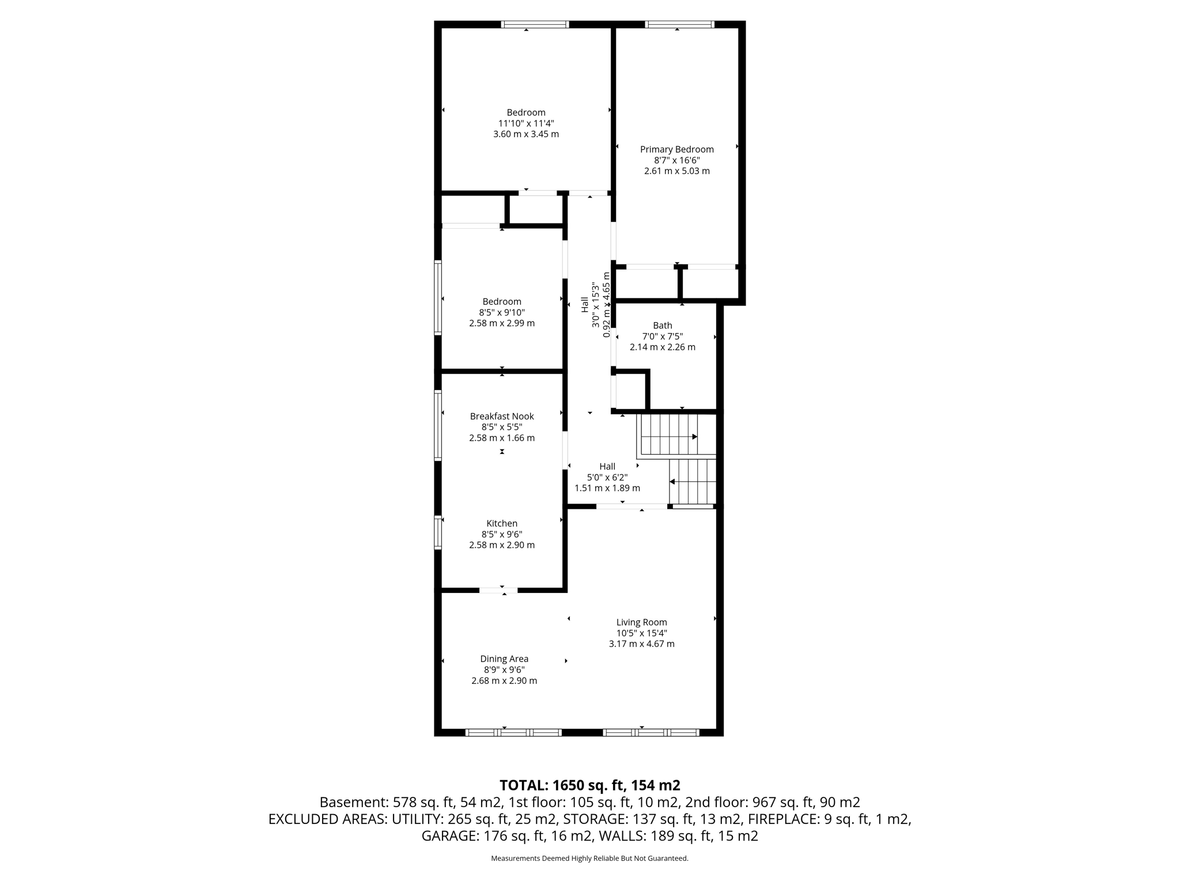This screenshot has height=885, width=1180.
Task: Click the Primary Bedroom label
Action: point(676,149)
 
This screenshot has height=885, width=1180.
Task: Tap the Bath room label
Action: point(662,326)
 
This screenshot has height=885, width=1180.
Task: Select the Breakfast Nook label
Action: point(502,416)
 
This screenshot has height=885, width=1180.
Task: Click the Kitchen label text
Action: point(502,523)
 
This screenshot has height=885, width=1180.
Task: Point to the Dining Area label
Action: point(504,659)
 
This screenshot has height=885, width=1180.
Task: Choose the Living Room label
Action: point(641,622)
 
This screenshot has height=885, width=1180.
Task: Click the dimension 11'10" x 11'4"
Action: point(525,123)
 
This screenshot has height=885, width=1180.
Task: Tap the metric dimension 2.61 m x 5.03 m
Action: point(676,171)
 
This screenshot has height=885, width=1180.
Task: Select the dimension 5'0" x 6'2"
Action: point(607,477)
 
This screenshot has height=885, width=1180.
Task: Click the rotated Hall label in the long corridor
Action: point(585,304)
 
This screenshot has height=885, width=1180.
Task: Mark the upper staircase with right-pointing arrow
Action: point(668,436)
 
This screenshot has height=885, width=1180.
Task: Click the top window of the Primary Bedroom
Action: point(679,24)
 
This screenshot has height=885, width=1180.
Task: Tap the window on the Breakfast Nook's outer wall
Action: point(438,425)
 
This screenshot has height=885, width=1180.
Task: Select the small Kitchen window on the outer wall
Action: point(438,532)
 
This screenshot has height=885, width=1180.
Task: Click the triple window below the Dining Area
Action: point(513,733)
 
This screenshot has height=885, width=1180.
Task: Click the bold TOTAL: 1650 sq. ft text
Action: point(589,785)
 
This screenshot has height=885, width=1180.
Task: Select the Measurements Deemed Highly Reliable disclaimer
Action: point(589,858)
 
